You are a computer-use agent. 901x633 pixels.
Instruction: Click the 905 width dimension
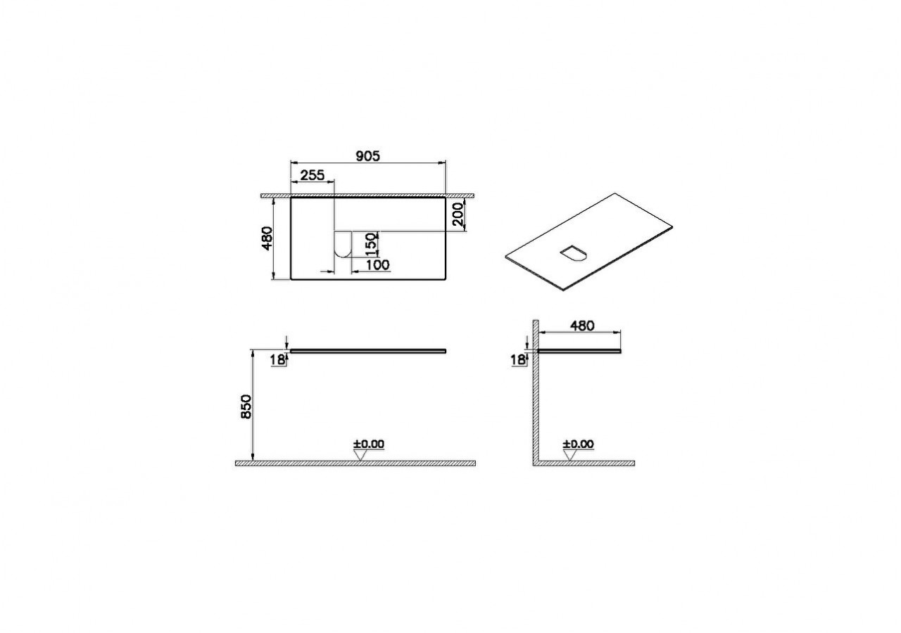(x=367, y=157)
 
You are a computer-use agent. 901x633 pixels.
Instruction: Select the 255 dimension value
(x=313, y=175)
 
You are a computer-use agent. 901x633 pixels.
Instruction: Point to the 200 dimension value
(x=458, y=214)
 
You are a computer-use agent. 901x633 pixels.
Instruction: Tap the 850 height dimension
(x=246, y=407)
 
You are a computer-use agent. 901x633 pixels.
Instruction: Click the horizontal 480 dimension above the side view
(x=581, y=326)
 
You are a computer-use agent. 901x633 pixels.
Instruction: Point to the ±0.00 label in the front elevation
(x=369, y=444)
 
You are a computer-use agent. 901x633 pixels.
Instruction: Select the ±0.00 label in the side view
(x=578, y=444)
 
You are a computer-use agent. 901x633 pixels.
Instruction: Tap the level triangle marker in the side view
(x=571, y=454)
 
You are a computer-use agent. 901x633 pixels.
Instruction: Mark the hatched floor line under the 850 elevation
(x=355, y=463)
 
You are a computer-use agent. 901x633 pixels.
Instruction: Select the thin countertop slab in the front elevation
(x=368, y=349)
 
